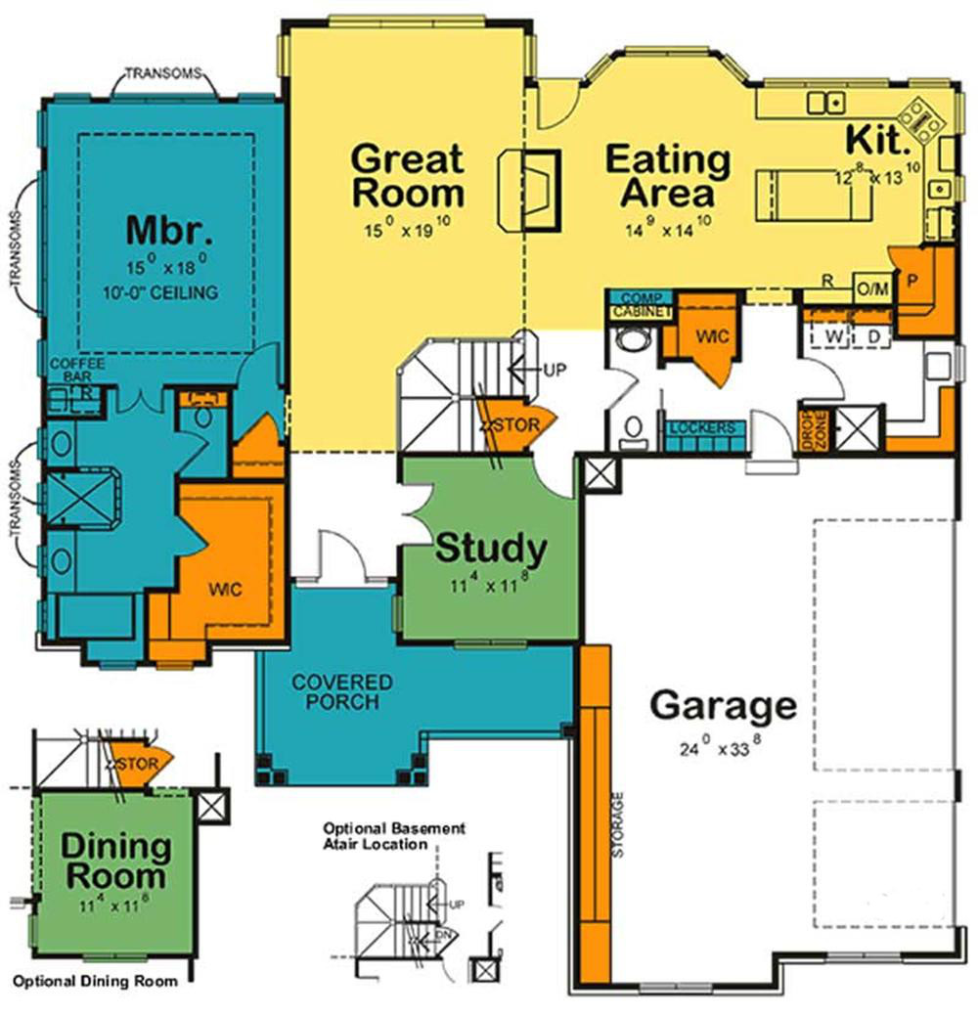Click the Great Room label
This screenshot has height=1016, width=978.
coord(407,174)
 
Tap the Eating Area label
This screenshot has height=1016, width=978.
coord(668,175)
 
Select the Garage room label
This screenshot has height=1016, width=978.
coord(724,704)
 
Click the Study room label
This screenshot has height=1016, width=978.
coord(490,548)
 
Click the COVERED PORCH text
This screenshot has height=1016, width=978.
coord(341,691)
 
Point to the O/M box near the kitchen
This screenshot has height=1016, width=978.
coord(871,288)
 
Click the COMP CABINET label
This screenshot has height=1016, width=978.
coord(642,305)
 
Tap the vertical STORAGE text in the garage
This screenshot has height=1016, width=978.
coord(618,824)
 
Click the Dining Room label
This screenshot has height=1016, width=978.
coord(115,861)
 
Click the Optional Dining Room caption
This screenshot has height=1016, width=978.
coord(95,981)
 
